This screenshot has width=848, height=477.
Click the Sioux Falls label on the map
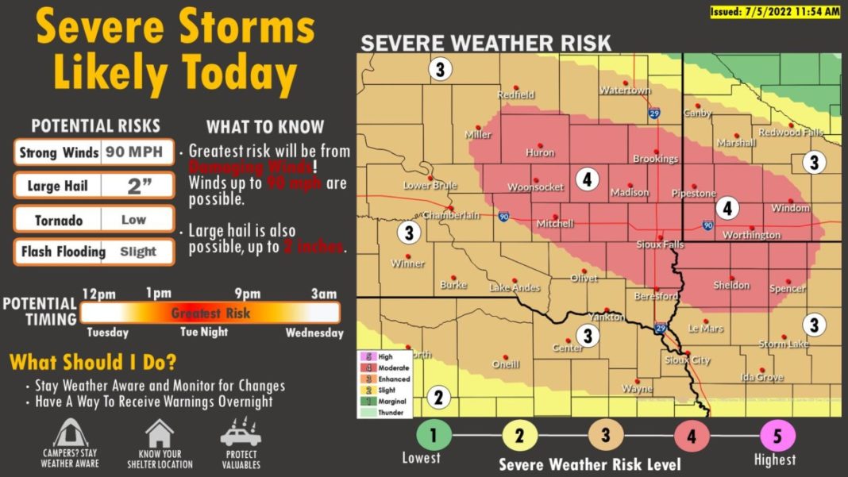click(x=660, y=245)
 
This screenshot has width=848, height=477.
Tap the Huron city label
click(x=540, y=152)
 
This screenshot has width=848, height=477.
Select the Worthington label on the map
click(x=751, y=235)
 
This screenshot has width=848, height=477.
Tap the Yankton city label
click(x=607, y=316)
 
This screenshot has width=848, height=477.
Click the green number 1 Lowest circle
click(x=434, y=435)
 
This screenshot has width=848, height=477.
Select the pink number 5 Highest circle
click(x=777, y=435)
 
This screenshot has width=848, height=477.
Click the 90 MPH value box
click(x=137, y=152)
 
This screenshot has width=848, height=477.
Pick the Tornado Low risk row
click(x=94, y=220)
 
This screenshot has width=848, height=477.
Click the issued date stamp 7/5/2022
click(x=774, y=12)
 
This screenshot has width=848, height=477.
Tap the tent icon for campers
click(x=70, y=434)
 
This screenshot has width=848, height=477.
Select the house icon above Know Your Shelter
click(x=160, y=434)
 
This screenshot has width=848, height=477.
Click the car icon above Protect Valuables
click(x=241, y=433)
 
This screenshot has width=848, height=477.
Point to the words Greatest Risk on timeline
click(x=210, y=313)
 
